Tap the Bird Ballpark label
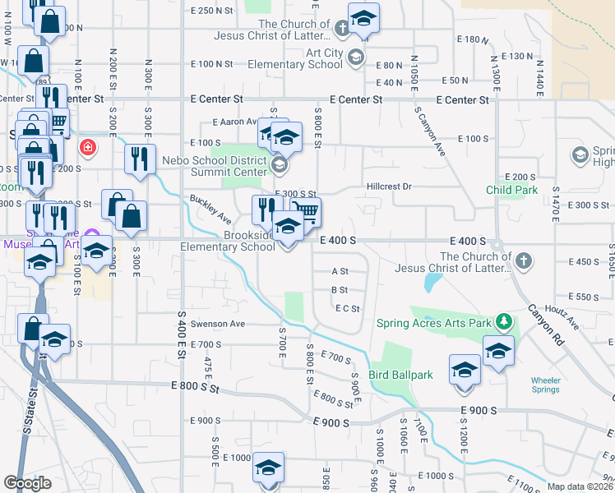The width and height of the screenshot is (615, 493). pyautogui.click(x=400, y=376)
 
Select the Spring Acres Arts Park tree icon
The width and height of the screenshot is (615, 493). pyautogui.click(x=509, y=322)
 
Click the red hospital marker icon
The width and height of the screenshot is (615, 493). pyautogui.click(x=86, y=149)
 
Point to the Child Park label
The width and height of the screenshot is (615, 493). pyautogui.click(x=511, y=191)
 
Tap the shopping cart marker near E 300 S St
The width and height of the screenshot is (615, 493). pyautogui.click(x=306, y=212)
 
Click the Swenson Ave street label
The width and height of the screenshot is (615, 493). pyautogui.click(x=219, y=324)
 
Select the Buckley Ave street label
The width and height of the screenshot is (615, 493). pyautogui.click(x=210, y=210)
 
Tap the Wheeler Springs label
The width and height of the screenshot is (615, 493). pyautogui.click(x=546, y=385)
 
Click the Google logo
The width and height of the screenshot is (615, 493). pyautogui.click(x=27, y=482)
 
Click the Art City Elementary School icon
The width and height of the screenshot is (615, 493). pyautogui.click(x=355, y=58)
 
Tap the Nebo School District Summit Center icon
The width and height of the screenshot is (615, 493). pyautogui.click(x=278, y=165)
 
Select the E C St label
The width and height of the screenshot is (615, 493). pyautogui.click(x=348, y=308)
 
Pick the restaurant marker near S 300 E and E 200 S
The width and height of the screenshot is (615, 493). pyautogui.click(x=140, y=158)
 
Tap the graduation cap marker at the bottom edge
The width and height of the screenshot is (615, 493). pyautogui.click(x=267, y=468)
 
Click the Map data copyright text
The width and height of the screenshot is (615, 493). pyautogui.click(x=580, y=486)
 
